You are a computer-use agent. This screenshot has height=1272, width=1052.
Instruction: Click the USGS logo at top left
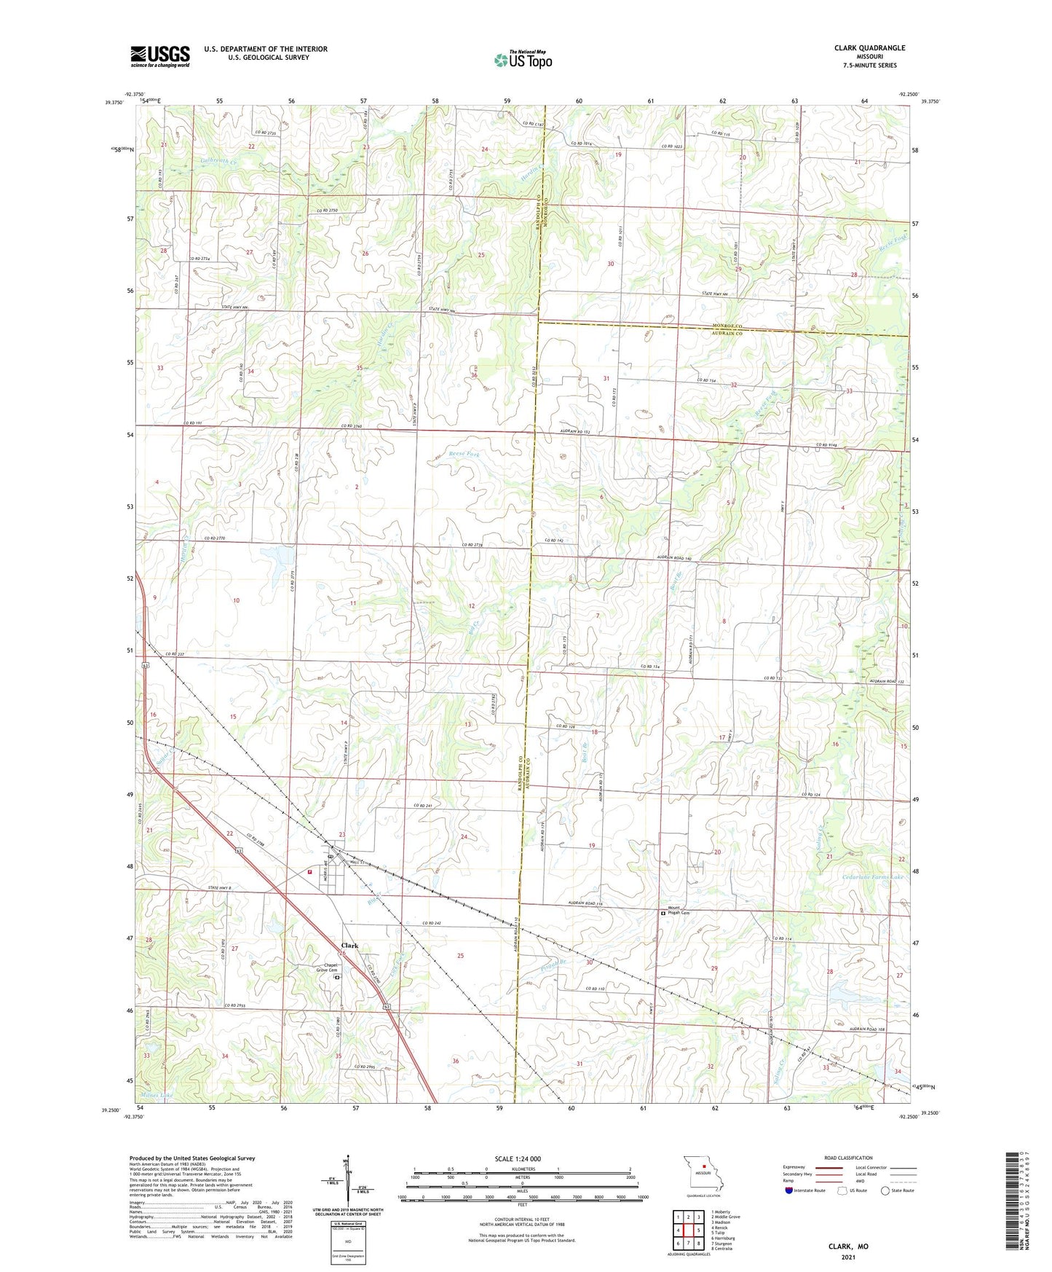click(160, 56)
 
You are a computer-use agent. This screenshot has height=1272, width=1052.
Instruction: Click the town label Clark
click(349, 946)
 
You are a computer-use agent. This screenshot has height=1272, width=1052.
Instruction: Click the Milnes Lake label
click(157, 1096)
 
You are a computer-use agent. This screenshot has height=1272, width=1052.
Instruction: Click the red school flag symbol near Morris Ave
click(311, 871)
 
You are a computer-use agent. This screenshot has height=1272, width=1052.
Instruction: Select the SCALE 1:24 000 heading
click(517, 1159)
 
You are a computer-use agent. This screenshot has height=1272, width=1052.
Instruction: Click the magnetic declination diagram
click(348, 1185)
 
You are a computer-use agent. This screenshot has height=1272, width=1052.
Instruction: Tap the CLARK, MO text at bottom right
click(848, 1247)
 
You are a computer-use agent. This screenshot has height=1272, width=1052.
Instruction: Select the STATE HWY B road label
click(219, 888)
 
